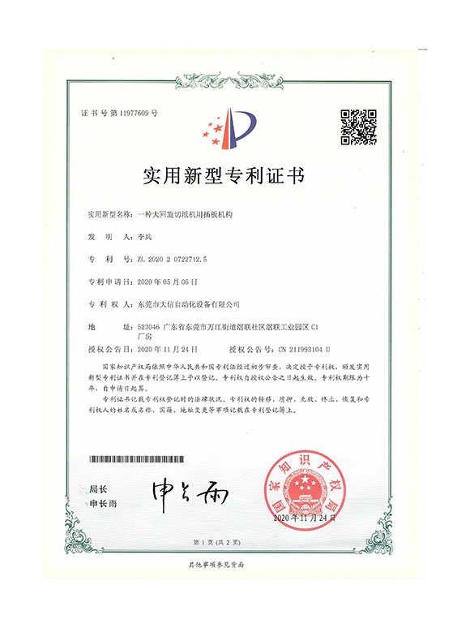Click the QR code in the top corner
pyautogui.click(x=357, y=127)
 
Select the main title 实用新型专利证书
pyautogui.click(x=233, y=175)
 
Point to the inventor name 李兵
pyautogui.click(x=152, y=237)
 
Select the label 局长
pyautogui.click(x=98, y=489)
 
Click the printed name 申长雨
pyautogui.click(x=103, y=504)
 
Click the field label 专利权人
pyautogui.click(x=109, y=303)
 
